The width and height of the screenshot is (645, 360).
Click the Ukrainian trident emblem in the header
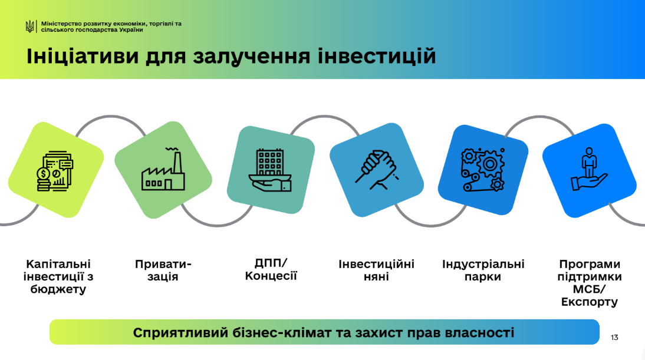coord(29,27)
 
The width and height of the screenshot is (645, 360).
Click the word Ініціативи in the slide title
coord(83,57)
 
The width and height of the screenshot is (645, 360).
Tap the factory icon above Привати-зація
coord(163,169)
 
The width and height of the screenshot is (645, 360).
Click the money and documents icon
coord(55,171)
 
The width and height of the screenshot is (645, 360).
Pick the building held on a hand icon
coord(270,170)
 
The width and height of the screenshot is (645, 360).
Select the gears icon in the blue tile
coord(483,170)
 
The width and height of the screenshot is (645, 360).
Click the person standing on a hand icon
coord(589,169)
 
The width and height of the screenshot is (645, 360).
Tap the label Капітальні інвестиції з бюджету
coord(58,276)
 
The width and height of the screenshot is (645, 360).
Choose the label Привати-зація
coord(163,270)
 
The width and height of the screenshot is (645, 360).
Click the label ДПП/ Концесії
coord(271,269)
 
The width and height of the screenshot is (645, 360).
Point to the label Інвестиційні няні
coord(376,270)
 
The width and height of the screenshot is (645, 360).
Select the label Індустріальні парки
coord(483,270)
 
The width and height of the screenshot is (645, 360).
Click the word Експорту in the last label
coord(590,302)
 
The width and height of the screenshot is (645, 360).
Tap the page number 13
coord(614,338)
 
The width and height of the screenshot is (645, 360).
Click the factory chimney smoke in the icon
coord(172,148)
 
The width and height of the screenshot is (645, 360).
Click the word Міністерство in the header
coord(58,24)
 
